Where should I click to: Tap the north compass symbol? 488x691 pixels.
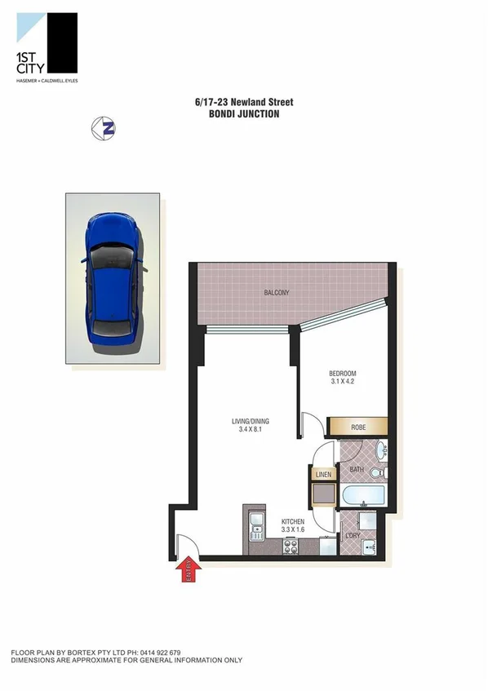[103, 127]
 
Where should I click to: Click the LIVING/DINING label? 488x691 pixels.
[250, 422]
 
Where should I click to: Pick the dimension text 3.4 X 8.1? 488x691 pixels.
[250, 432]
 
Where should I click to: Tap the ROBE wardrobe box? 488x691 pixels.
[357, 427]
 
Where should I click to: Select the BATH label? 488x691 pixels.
[357, 469]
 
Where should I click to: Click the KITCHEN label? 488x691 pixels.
[293, 520]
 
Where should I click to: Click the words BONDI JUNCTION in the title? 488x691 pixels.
[244, 114]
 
